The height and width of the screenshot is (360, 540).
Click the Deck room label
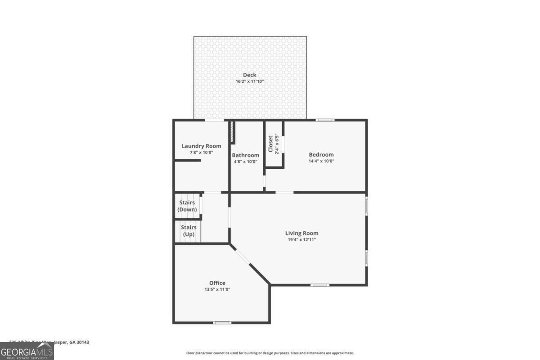tap(250, 75)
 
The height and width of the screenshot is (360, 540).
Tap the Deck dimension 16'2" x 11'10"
tap(250, 81)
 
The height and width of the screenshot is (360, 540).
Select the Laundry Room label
tap(201, 146)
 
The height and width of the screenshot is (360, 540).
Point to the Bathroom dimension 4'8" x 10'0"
tap(246, 162)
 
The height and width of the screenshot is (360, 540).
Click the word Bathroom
tap(246, 155)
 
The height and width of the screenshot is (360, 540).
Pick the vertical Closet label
tap(271, 144)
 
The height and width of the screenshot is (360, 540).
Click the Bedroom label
tap(321, 154)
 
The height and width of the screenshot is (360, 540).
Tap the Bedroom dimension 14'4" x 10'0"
tap(321, 161)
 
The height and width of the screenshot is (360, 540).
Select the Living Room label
tap(301, 233)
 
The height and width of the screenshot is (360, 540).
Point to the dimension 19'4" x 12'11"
tap(301, 240)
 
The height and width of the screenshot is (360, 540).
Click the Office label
tap(217, 283)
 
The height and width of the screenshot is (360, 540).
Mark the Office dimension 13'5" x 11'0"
tap(217, 290)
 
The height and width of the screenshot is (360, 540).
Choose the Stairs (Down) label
tap(187, 206)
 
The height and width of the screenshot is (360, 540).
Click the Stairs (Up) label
tap(189, 231)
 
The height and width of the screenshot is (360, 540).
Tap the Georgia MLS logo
tap(27, 351)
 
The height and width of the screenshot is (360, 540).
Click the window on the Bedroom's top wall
tap(324, 120)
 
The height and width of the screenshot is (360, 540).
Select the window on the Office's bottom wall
tap(222, 322)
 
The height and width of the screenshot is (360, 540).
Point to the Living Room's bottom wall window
tap(319, 285)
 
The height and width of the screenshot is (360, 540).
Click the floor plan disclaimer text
tap(270, 353)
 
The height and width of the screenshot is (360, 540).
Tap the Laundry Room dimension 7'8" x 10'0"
tap(201, 153)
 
